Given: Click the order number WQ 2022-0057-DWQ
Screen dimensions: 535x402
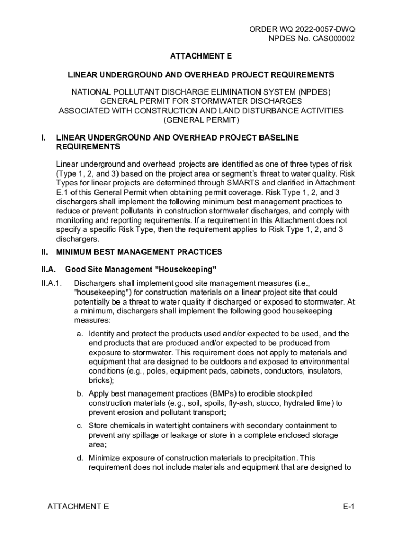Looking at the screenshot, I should (x=313, y=30).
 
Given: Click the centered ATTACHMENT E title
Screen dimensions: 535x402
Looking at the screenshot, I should (x=201, y=56).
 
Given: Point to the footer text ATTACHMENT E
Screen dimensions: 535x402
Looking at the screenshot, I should (x=78, y=507).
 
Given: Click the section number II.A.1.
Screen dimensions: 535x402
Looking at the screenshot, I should (x=52, y=283).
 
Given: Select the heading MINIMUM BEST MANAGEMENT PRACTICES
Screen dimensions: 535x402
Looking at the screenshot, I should (x=139, y=252).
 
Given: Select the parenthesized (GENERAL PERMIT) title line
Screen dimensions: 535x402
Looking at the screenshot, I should (x=201, y=120).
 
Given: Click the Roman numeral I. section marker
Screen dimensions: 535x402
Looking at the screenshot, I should (x=44, y=137).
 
